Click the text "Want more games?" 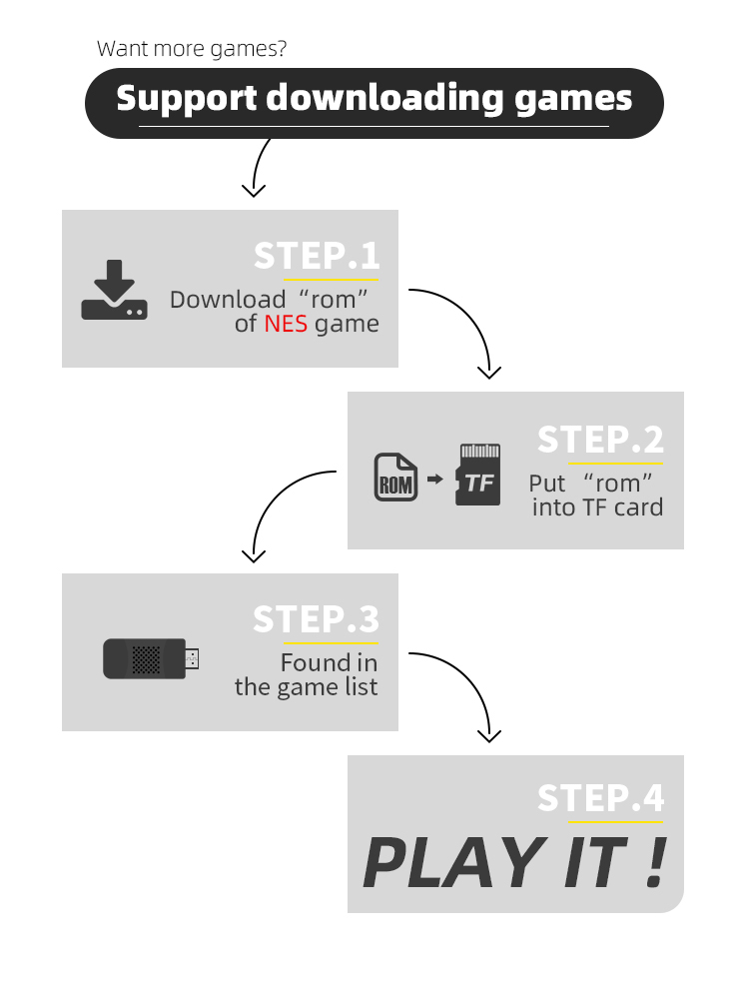pos(192,48)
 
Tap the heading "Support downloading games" pos(374,99)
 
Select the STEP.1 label pos(317,256)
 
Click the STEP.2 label pos(600,440)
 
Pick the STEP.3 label pos(317,619)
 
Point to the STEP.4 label pos(600,798)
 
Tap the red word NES pos(286,325)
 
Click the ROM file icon pos(394,479)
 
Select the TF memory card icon pos(478,476)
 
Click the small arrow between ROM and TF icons pos(434,480)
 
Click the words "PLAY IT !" pos(514,862)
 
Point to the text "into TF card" pos(597,507)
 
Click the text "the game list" pos(307,687)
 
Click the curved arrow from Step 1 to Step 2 pos(469,320)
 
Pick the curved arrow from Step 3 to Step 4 pos(469,684)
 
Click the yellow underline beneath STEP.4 pos(615,822)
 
